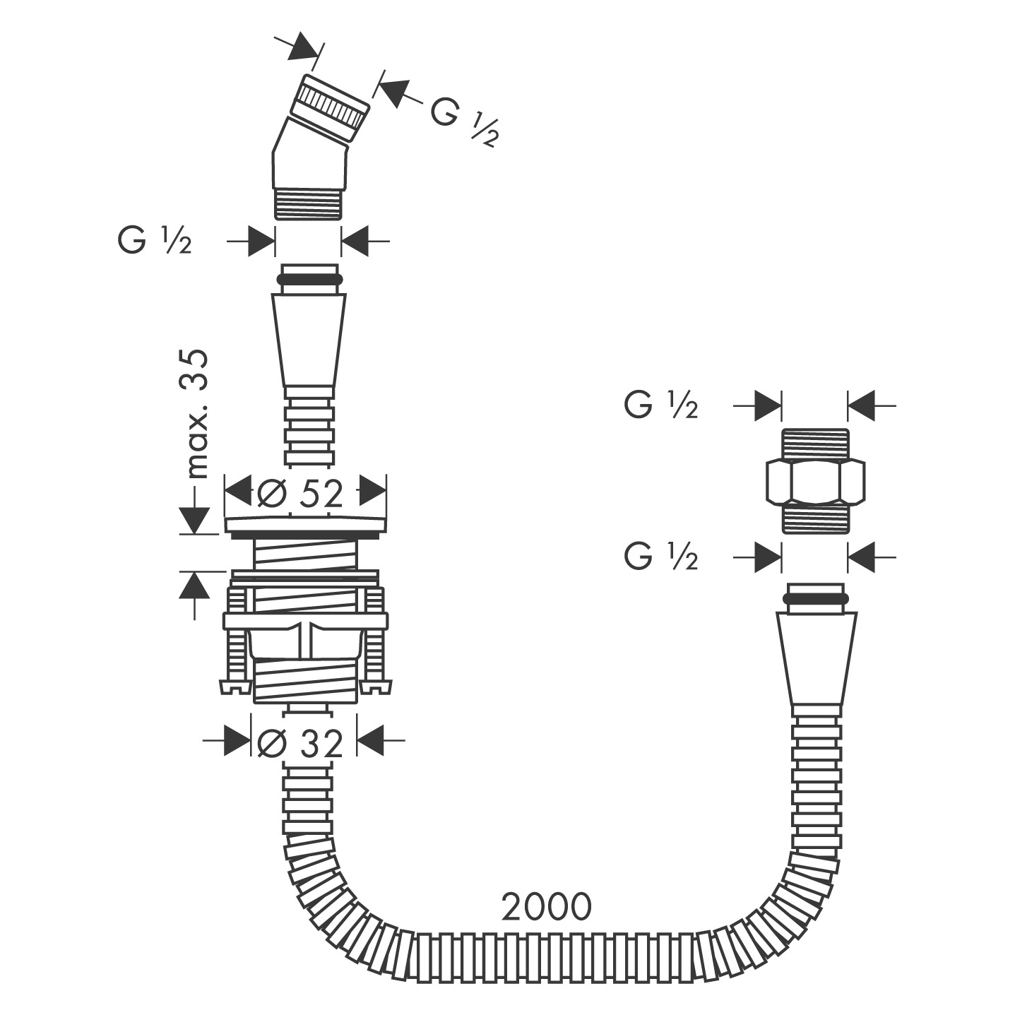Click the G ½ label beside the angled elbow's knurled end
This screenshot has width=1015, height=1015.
[463, 120]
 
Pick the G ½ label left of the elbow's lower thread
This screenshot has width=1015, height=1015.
[155, 242]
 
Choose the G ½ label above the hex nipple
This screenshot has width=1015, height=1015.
[661, 405]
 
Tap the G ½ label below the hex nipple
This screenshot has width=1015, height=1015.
[661, 556]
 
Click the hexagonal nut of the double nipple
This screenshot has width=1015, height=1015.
[815, 480]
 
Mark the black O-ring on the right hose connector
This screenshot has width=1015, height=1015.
[815, 598]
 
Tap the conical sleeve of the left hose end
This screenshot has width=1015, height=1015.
[309, 340]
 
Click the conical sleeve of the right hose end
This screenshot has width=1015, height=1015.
[816, 659]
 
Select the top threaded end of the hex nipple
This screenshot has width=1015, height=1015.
[815, 444]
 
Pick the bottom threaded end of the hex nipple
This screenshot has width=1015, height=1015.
[815, 518]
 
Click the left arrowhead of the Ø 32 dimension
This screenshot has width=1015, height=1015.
[237, 740]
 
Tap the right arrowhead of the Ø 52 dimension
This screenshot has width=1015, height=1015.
[374, 491]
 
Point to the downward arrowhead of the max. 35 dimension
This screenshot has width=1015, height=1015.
[194, 520]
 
